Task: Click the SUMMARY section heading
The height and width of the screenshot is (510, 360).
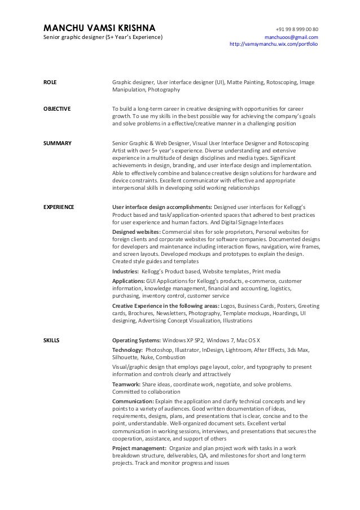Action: (58, 143)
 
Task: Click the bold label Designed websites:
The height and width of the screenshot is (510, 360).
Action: (137, 232)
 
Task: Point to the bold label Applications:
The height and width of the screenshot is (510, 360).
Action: (129, 281)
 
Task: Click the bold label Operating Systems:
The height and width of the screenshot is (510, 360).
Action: (137, 341)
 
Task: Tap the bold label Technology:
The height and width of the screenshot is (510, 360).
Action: (128, 350)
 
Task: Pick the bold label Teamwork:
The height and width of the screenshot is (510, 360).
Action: (126, 384)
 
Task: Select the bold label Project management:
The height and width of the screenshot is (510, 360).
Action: (140, 448)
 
